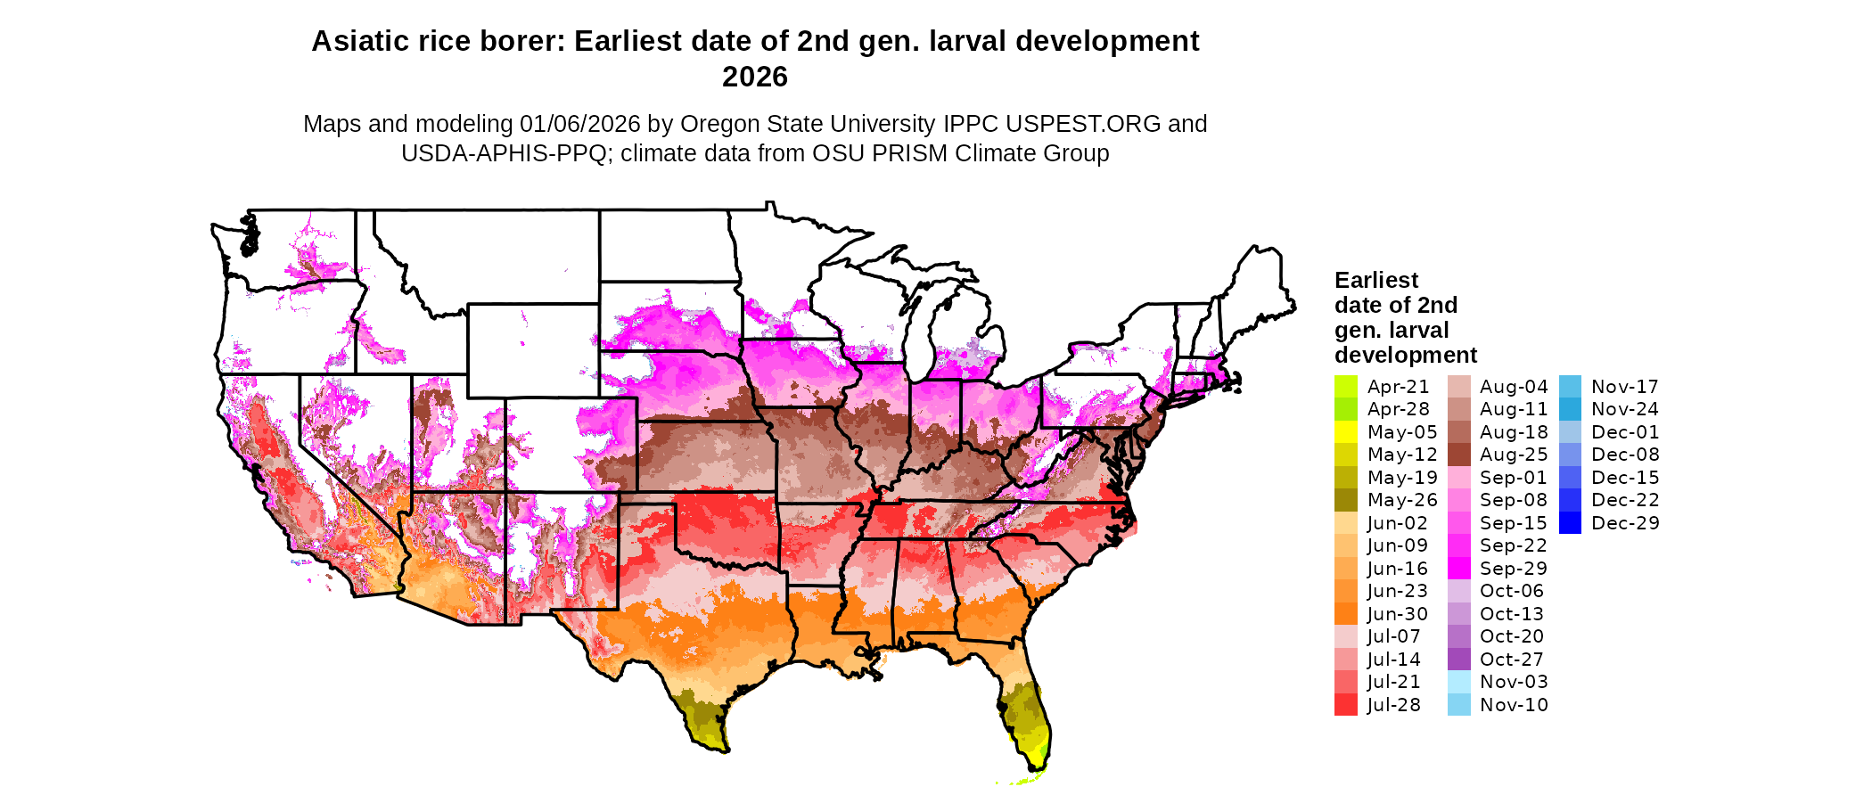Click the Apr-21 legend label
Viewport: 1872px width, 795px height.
coord(1398,387)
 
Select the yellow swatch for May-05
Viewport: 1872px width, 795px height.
coord(1346,432)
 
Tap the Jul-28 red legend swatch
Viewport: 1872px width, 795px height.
coord(1346,705)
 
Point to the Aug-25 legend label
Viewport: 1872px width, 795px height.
coord(1514,455)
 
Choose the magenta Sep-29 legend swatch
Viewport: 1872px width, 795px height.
coord(1459,569)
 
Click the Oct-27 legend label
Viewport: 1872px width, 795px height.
coord(1512,660)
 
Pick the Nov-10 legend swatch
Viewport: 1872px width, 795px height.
coord(1459,705)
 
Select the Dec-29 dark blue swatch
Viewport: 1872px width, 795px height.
coord(1571,523)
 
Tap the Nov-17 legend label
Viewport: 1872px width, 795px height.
coord(1625,387)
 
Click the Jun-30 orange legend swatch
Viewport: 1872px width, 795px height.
coord(1346,614)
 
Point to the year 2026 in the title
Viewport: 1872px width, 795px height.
coord(755,78)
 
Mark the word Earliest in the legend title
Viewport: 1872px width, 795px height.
coord(1376,280)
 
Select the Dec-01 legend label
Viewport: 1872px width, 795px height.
coord(1625,432)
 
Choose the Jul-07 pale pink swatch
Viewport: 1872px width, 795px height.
coord(1346,636)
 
